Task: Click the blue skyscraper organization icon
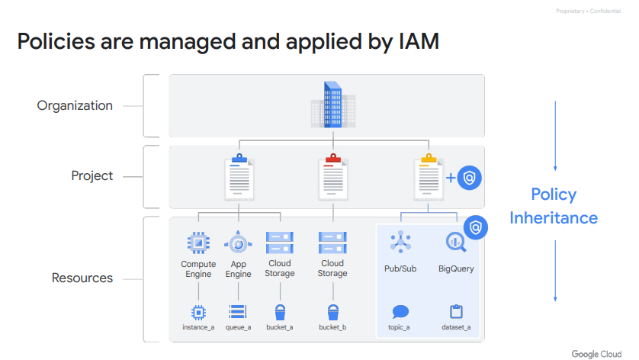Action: (x=332, y=105)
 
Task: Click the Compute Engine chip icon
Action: (x=198, y=243)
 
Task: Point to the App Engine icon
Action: (x=238, y=243)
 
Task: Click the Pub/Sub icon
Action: (x=400, y=242)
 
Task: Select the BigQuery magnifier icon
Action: (x=456, y=243)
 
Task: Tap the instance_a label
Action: (x=198, y=327)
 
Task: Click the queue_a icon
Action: (x=238, y=311)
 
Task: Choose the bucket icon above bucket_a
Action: (x=279, y=311)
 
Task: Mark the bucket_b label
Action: (x=332, y=327)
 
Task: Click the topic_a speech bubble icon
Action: (x=400, y=311)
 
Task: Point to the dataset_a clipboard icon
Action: (x=456, y=311)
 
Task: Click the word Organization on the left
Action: (x=75, y=106)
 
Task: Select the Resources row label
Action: (x=82, y=278)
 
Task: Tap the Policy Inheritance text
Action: (x=554, y=206)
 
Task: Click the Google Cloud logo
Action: (x=597, y=353)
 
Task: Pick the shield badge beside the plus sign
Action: (x=470, y=178)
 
